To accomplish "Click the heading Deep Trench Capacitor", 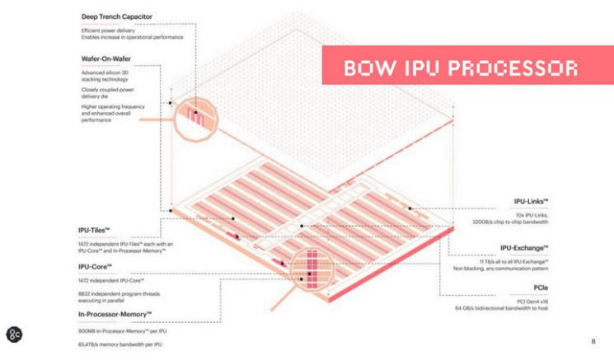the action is coord(121,16).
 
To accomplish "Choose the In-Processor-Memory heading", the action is coord(115,315).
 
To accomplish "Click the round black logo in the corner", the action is coord(14,334).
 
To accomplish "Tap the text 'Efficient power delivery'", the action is coord(107,30).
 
